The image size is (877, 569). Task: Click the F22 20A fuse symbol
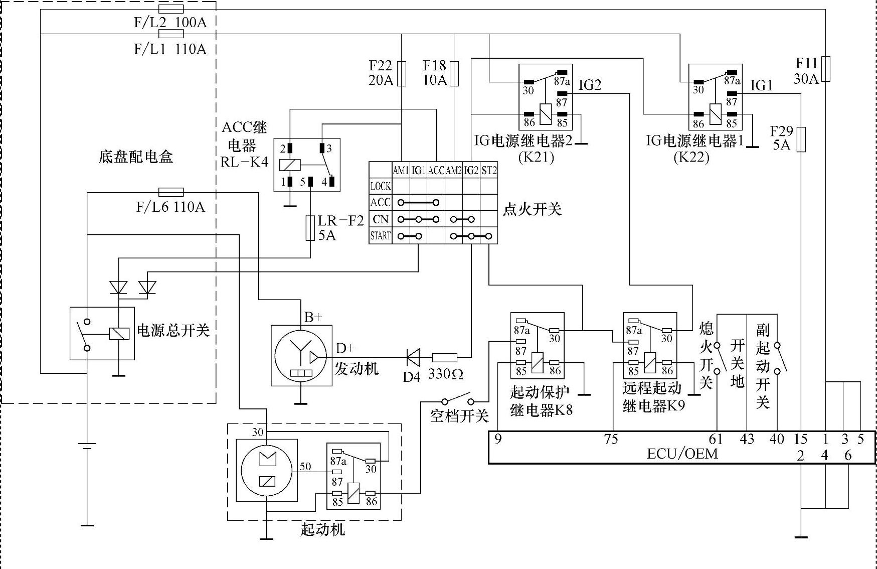point(401,74)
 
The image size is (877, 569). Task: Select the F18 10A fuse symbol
point(454,74)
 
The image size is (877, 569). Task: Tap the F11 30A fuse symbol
point(825,69)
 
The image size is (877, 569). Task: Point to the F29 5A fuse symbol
point(801,139)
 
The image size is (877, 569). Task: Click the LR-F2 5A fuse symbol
point(310,228)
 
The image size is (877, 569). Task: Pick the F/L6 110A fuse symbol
point(171,192)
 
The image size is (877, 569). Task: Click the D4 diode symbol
point(413,358)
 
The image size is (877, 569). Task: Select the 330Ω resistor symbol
point(445,358)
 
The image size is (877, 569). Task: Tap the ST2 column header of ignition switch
point(489,171)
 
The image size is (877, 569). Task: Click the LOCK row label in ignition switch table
point(380,186)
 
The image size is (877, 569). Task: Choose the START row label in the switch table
point(380,235)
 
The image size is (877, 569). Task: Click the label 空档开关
point(459,415)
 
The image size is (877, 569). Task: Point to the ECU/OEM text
point(682,454)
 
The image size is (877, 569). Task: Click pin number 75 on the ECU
point(611,439)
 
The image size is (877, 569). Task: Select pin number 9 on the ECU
point(497,439)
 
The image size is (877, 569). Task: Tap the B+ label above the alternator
point(313,317)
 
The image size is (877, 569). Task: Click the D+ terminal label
point(345,348)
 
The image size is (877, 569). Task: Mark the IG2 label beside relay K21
point(590,85)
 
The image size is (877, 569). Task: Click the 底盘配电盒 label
point(135,157)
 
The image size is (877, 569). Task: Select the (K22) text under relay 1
point(691,157)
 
